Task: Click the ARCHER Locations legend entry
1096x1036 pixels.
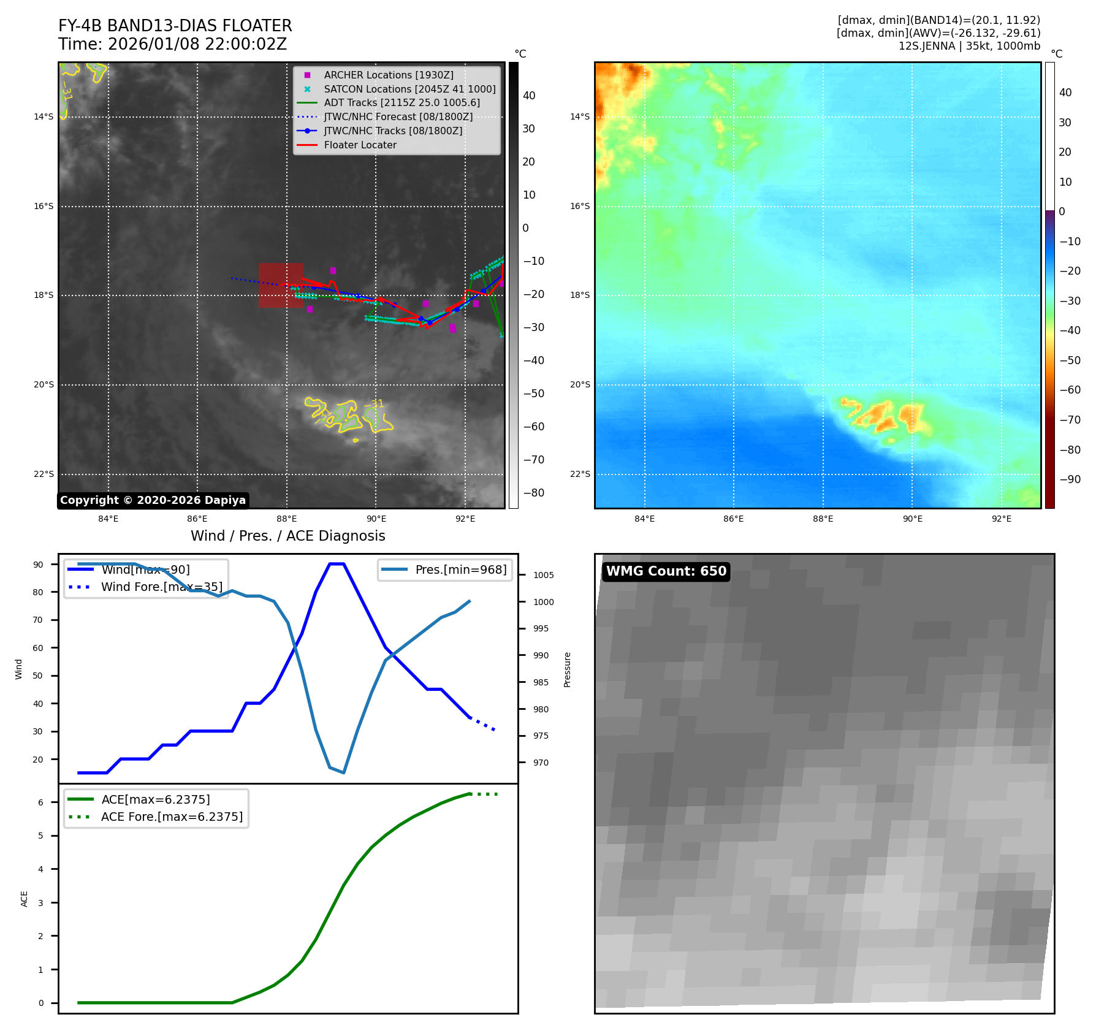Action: (x=389, y=75)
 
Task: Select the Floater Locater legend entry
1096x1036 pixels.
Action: (x=360, y=145)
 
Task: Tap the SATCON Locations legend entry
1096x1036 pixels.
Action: (x=409, y=89)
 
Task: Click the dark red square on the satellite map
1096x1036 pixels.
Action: (x=281, y=285)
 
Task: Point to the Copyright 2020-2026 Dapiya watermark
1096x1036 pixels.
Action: (x=153, y=500)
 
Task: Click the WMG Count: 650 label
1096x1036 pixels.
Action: (x=666, y=571)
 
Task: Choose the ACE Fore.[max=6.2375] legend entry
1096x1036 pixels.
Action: (x=172, y=817)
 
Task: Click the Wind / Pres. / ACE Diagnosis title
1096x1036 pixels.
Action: (x=287, y=536)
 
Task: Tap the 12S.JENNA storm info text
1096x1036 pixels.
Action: (x=969, y=46)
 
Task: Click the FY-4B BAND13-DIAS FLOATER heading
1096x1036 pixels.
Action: (x=175, y=26)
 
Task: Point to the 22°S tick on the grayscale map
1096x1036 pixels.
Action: (x=44, y=474)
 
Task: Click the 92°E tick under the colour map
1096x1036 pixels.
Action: (x=1002, y=519)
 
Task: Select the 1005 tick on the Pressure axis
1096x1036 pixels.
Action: (x=543, y=575)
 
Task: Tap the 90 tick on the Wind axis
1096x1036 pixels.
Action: (x=39, y=565)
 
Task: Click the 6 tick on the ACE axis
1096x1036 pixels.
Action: (x=41, y=802)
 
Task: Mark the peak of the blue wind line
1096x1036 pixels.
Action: (x=337, y=563)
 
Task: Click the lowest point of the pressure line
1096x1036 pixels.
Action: (x=343, y=772)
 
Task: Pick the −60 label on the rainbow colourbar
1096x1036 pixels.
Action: (x=1070, y=390)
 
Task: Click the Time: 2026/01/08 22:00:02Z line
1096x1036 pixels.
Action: (x=172, y=44)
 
